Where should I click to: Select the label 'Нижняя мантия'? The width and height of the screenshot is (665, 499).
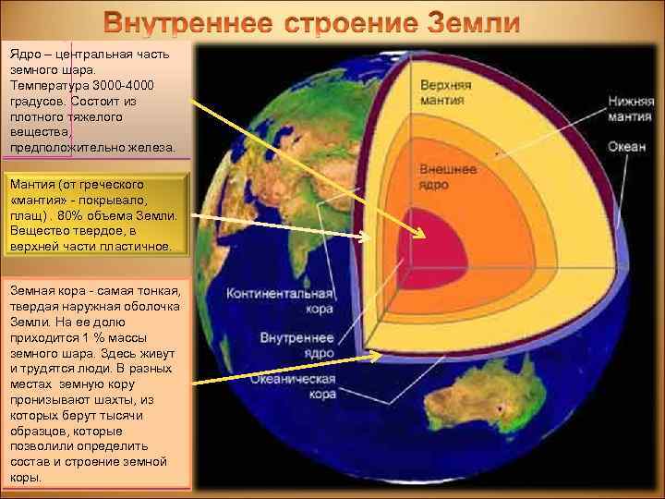pos(631,109)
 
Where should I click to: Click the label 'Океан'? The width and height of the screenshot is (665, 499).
pos(626,147)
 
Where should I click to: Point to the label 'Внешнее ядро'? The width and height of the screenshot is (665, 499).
pos(448,177)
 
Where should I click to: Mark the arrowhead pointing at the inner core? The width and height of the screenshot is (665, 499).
pos(420,232)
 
